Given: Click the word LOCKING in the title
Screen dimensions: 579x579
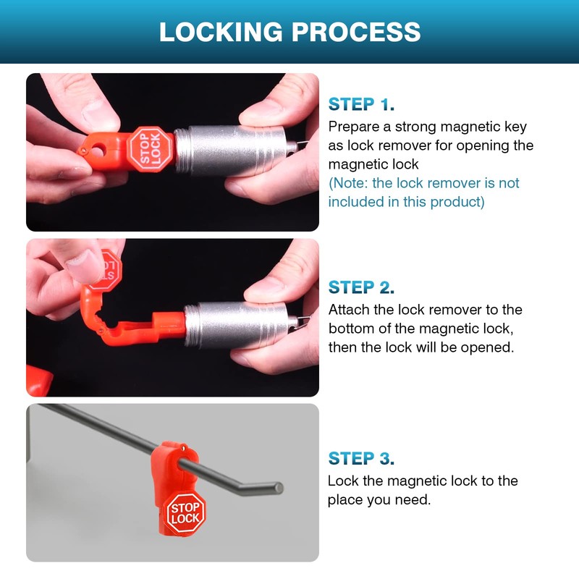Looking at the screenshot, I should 220,32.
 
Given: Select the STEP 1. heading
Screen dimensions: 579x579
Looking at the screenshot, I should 361,104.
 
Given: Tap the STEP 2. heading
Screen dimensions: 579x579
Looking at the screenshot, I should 361,287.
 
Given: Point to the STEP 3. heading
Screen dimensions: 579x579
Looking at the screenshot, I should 361,458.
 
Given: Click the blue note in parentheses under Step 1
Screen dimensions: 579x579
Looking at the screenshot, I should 423,193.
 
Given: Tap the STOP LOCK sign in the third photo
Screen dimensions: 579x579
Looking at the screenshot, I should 185,513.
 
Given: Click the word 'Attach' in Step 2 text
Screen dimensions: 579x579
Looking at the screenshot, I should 349,310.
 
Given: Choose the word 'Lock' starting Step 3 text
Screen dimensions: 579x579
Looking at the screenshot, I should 342,481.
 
